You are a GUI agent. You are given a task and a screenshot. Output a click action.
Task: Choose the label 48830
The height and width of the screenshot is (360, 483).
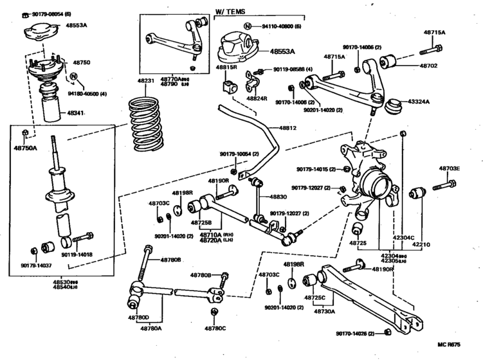[x=278, y=197]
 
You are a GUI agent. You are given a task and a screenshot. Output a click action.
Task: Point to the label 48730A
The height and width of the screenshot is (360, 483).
[x=324, y=311]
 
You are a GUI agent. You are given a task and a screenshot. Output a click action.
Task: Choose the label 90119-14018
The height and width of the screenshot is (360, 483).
[x=77, y=255]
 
